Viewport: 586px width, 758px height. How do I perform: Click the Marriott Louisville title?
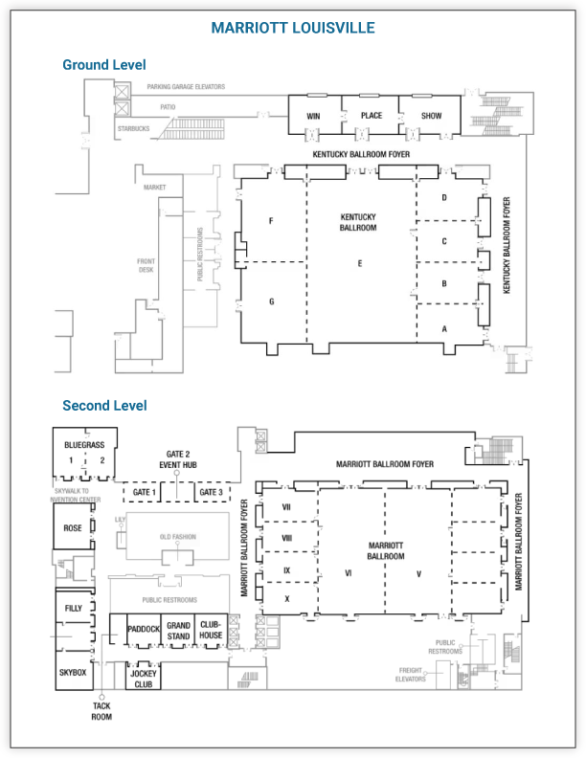pyautogui.click(x=293, y=28)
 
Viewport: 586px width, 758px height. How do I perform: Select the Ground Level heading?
pyautogui.click(x=104, y=65)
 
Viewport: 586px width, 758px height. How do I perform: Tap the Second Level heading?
pyautogui.click(x=104, y=406)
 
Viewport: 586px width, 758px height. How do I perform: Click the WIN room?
pyautogui.click(x=313, y=116)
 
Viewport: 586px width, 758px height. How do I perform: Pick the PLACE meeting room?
pyautogui.click(x=372, y=116)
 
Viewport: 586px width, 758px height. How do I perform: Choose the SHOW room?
pyautogui.click(x=432, y=116)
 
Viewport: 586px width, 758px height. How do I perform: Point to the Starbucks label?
pyautogui.click(x=133, y=128)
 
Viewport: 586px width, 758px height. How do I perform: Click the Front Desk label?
pyautogui.click(x=146, y=265)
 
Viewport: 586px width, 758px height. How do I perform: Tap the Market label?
pyautogui.click(x=155, y=188)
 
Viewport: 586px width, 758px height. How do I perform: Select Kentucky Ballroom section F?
pyautogui.click(x=272, y=222)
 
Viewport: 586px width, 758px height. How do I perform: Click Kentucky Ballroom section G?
pyautogui.click(x=272, y=302)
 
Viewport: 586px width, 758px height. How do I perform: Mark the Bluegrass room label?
pyautogui.click(x=84, y=446)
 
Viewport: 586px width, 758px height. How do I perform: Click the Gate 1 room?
pyautogui.click(x=145, y=492)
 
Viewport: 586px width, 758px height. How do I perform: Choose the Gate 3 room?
pyautogui.click(x=211, y=492)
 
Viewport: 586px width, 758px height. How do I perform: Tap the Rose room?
pyautogui.click(x=73, y=528)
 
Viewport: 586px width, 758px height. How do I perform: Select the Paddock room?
pyautogui.click(x=143, y=629)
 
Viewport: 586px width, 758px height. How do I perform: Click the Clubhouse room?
pyautogui.click(x=211, y=630)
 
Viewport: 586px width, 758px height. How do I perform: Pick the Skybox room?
pyautogui.click(x=73, y=674)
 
